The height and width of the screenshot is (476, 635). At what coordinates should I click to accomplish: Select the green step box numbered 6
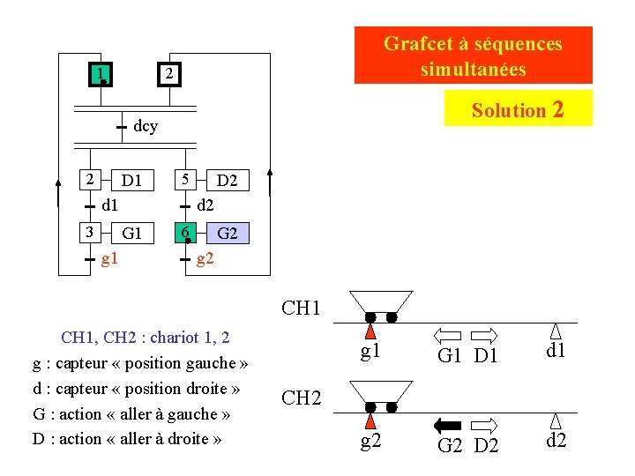(184, 233)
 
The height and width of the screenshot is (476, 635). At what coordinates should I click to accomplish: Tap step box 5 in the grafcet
(184, 180)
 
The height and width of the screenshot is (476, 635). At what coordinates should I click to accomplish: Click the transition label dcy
(146, 127)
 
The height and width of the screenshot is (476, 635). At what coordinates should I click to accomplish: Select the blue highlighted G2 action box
(228, 234)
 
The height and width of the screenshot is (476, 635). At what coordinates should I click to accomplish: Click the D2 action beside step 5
(227, 181)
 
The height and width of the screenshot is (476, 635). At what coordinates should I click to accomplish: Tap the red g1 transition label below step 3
(110, 259)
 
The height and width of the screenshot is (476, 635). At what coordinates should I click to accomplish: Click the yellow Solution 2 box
(518, 109)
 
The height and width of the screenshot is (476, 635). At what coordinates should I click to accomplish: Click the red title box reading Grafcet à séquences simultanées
(473, 56)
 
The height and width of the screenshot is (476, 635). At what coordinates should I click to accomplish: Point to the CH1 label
(301, 309)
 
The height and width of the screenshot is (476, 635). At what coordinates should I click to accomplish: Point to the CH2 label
(301, 398)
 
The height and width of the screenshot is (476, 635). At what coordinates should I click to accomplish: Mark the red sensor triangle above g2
(371, 422)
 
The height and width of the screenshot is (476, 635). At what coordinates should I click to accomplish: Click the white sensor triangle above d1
(556, 331)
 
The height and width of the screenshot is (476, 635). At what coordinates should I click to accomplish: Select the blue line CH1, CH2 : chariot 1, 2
(145, 338)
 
